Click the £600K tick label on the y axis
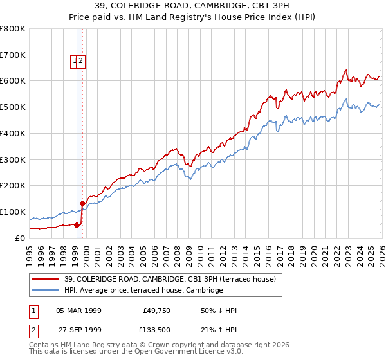click(x=13, y=81)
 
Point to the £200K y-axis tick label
click(x=13, y=185)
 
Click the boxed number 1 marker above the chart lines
click(x=75, y=62)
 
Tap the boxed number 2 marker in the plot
click(x=82, y=62)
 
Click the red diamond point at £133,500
click(x=83, y=203)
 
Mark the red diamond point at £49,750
click(x=77, y=225)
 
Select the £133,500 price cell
click(x=155, y=330)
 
